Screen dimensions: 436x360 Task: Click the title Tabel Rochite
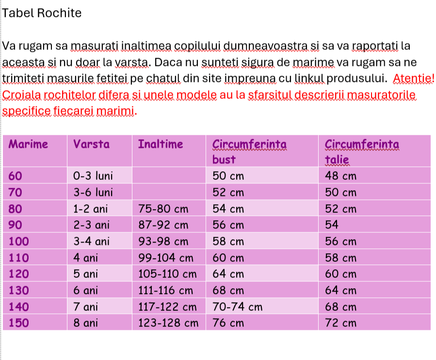point(42,13)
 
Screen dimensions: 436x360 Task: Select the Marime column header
point(29,144)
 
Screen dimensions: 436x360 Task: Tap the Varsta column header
point(91,144)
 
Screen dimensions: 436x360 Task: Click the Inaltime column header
point(161,144)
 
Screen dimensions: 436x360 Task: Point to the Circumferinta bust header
point(249,151)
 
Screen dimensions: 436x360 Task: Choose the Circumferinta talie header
point(362,151)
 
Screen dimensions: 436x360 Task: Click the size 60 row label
point(16,176)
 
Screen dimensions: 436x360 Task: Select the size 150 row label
point(19,323)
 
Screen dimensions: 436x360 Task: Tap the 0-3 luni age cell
point(93,176)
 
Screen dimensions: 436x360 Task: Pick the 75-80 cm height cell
point(163,209)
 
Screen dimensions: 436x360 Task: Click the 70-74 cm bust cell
point(238,307)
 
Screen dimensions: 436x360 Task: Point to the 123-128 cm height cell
point(168,323)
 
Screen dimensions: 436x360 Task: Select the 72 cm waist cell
point(340,323)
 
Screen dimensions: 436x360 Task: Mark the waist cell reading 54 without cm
point(332,225)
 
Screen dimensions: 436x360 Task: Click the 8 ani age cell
point(86,323)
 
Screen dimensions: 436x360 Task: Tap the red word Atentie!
point(414,78)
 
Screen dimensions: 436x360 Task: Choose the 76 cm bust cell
point(228,323)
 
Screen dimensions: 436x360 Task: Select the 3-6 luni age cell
point(93,192)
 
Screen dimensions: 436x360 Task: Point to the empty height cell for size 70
point(169,192)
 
